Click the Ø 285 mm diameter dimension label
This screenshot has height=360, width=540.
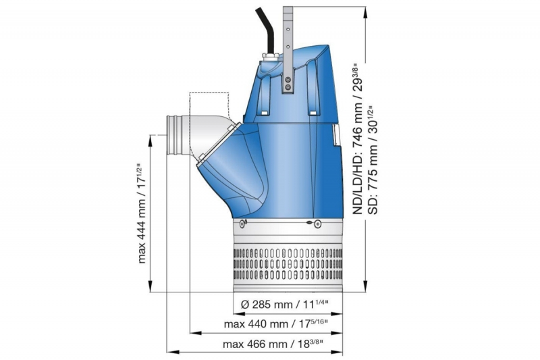[284, 304]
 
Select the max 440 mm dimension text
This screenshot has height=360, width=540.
[275, 324]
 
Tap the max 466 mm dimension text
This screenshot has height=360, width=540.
[273, 344]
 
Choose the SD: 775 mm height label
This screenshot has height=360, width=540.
[374, 159]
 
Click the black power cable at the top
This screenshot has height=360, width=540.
[266, 31]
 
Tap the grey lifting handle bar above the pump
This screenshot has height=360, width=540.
[288, 49]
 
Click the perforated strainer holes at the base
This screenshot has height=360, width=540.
[288, 263]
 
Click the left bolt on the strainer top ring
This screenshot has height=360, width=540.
[242, 224]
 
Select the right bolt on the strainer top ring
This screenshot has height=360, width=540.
[316, 224]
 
